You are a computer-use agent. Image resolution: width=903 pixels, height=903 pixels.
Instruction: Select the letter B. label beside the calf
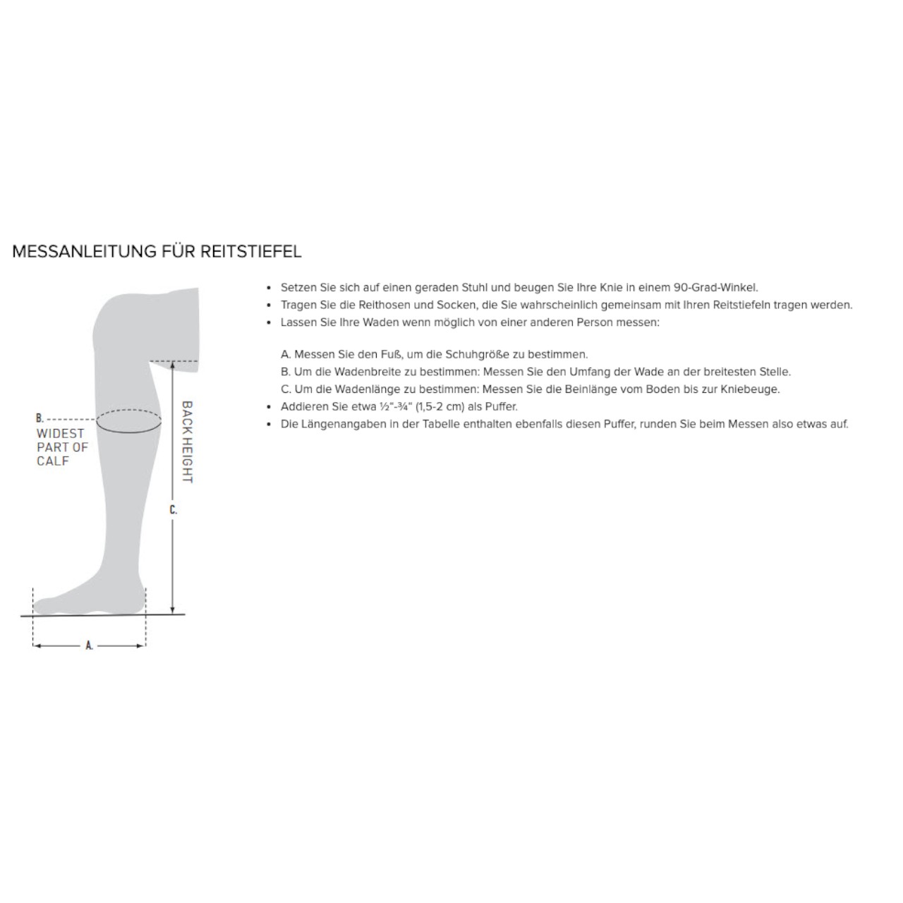pos(40,418)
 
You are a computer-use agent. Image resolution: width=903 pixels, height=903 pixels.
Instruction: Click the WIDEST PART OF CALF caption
pos(61,447)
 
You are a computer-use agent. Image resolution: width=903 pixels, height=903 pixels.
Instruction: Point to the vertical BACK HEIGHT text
pos(187,442)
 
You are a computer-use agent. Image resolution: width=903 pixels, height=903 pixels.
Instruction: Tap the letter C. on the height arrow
pos(173,509)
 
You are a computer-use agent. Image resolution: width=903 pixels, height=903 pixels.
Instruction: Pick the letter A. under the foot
pos(89,646)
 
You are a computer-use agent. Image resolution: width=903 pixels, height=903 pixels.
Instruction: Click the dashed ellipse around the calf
pos(128,421)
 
